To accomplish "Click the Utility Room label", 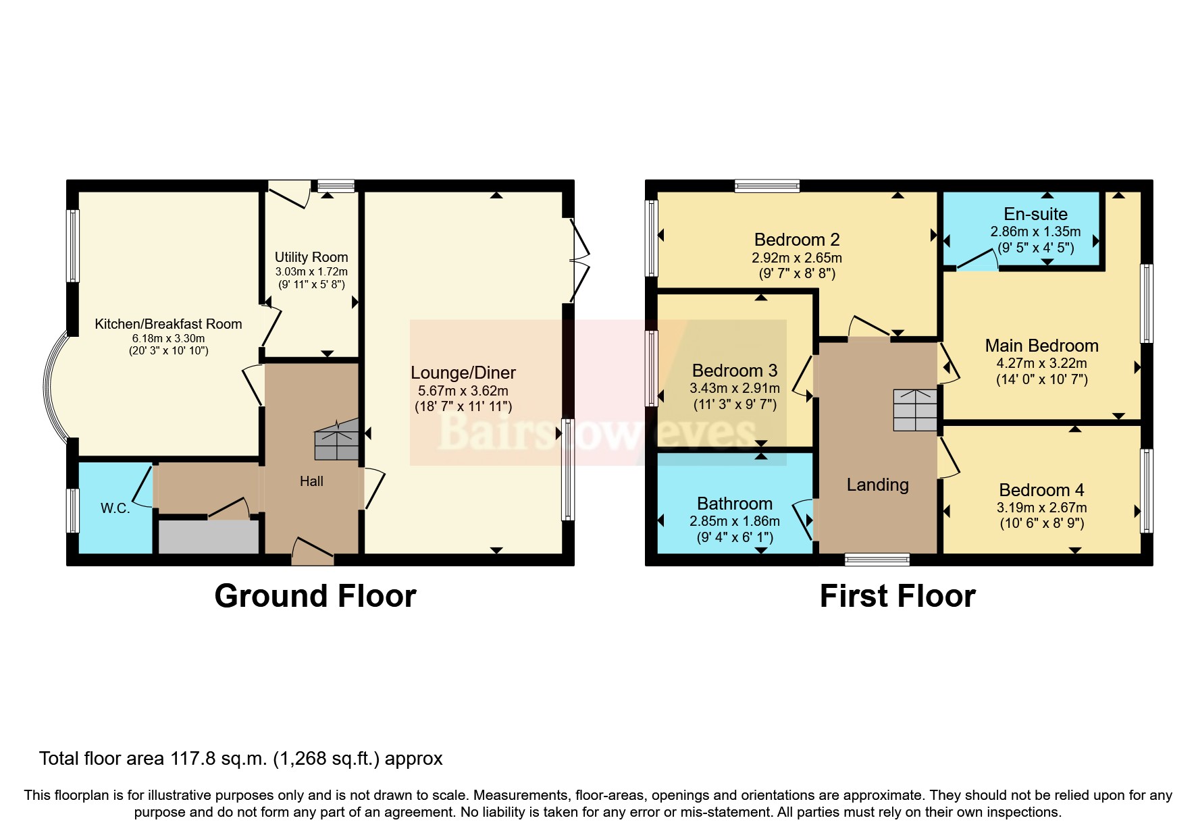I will pos(311,257).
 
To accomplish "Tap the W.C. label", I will pos(115,508).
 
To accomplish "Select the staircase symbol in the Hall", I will pos(336,440).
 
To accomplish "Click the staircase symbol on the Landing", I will pos(915,410).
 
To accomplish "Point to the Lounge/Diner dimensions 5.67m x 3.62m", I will pos(463,391).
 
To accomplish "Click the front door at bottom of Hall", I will pos(313,550).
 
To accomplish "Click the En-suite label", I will pos(1035,214).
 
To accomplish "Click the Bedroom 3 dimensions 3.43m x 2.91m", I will pos(735,388).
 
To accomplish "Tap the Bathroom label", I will pos(735,504).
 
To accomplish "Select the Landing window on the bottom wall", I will pos(877,559).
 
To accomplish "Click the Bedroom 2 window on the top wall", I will pos(767,186).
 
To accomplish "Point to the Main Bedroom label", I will pos(1041,346).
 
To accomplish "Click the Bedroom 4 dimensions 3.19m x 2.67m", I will pos(1041,508).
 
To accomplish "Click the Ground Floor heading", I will pos(315,596).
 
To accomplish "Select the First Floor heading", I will pos(898,596).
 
